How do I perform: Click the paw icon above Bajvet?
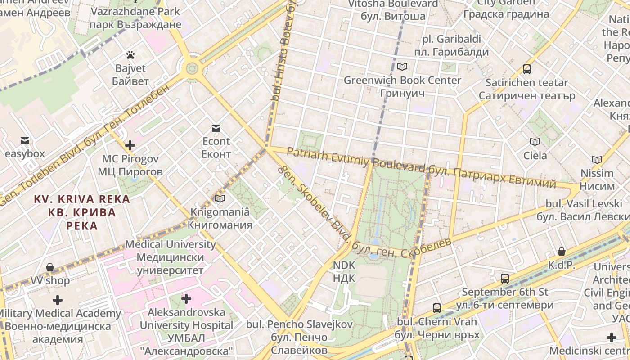130,55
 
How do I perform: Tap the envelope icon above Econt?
216,129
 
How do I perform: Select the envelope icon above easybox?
25,141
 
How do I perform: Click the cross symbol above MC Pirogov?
130,145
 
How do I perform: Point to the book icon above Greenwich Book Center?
402,67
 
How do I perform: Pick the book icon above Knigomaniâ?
220,198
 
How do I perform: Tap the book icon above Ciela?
535,142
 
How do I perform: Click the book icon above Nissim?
597,160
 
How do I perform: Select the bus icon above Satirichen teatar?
527,69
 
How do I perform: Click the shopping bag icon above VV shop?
50,268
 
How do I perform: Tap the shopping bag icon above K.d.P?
561,252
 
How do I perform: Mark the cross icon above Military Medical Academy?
58,300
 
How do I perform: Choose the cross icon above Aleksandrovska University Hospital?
186,299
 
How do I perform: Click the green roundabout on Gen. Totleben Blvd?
192,69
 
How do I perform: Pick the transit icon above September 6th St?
505,279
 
